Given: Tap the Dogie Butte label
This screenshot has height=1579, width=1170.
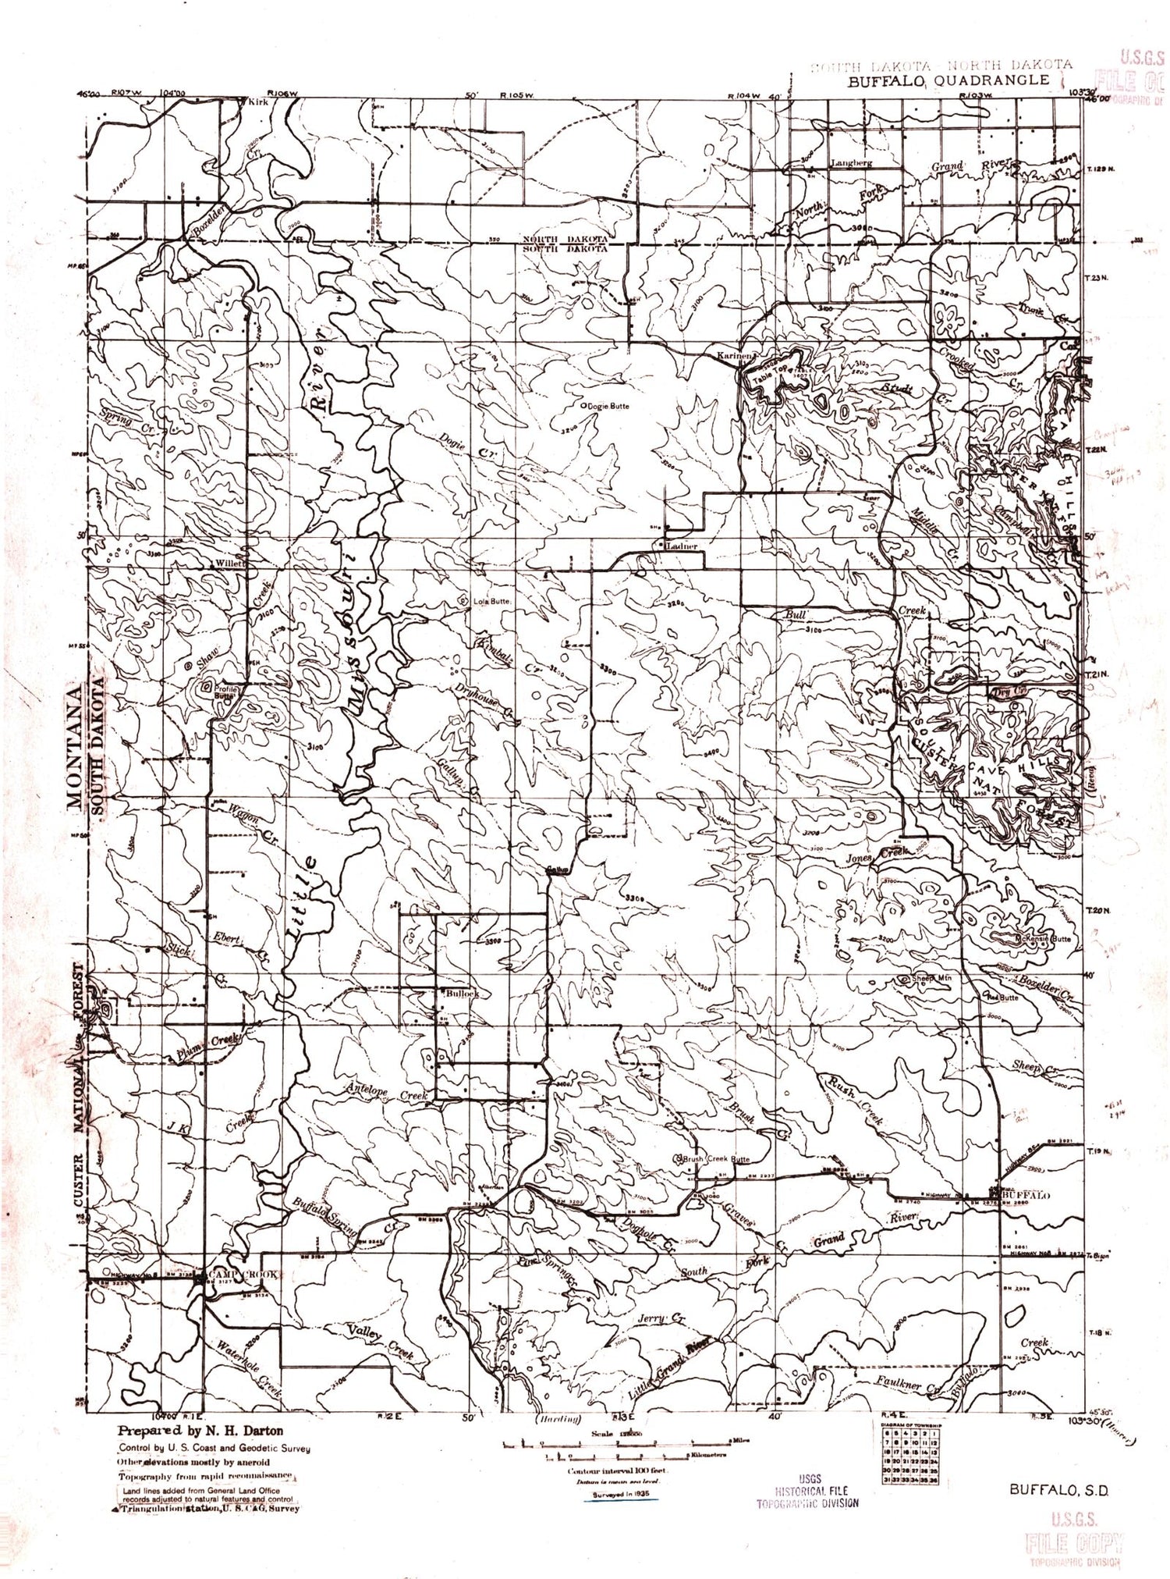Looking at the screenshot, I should tap(608, 406).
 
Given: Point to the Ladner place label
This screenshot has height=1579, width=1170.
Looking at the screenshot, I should tap(681, 546).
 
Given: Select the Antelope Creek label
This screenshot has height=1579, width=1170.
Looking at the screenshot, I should tap(388, 1096).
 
